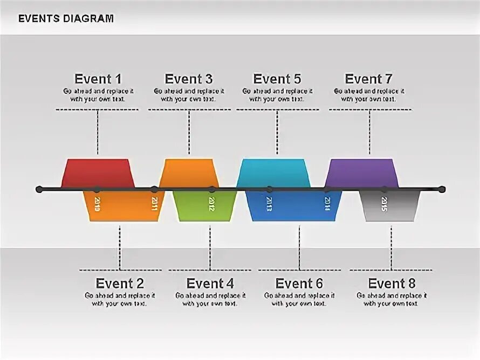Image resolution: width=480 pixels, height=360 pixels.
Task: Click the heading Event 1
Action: [x=98, y=79]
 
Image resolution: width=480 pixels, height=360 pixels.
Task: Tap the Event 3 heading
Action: [x=189, y=79]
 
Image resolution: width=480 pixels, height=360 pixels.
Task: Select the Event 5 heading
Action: [x=277, y=79]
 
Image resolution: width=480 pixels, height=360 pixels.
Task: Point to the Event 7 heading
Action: [x=368, y=79]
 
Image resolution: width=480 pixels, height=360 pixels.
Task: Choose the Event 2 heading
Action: [x=120, y=283]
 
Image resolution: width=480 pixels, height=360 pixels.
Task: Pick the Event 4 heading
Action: [x=210, y=283]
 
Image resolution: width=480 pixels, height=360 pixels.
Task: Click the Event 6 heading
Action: [x=299, y=283]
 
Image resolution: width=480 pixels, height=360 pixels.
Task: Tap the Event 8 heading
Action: [x=392, y=283]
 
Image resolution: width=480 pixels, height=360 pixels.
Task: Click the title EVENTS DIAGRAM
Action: [x=66, y=18]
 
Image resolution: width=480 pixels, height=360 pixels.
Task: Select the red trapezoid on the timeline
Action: [x=98, y=172]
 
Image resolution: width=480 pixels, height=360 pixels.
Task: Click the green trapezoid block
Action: [x=204, y=205]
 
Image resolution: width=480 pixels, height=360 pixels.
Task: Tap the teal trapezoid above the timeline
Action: [x=273, y=172]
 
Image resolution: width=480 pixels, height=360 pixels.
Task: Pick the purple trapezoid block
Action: [x=361, y=172]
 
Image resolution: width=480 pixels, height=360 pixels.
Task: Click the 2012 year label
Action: [x=211, y=204]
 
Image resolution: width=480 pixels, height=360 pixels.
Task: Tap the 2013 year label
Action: [x=269, y=204]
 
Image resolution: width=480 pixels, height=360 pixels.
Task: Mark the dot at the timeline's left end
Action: [x=39, y=189]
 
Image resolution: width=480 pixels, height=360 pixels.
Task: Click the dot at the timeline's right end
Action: [x=442, y=189]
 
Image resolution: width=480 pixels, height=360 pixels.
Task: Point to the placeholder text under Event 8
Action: [x=392, y=300]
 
